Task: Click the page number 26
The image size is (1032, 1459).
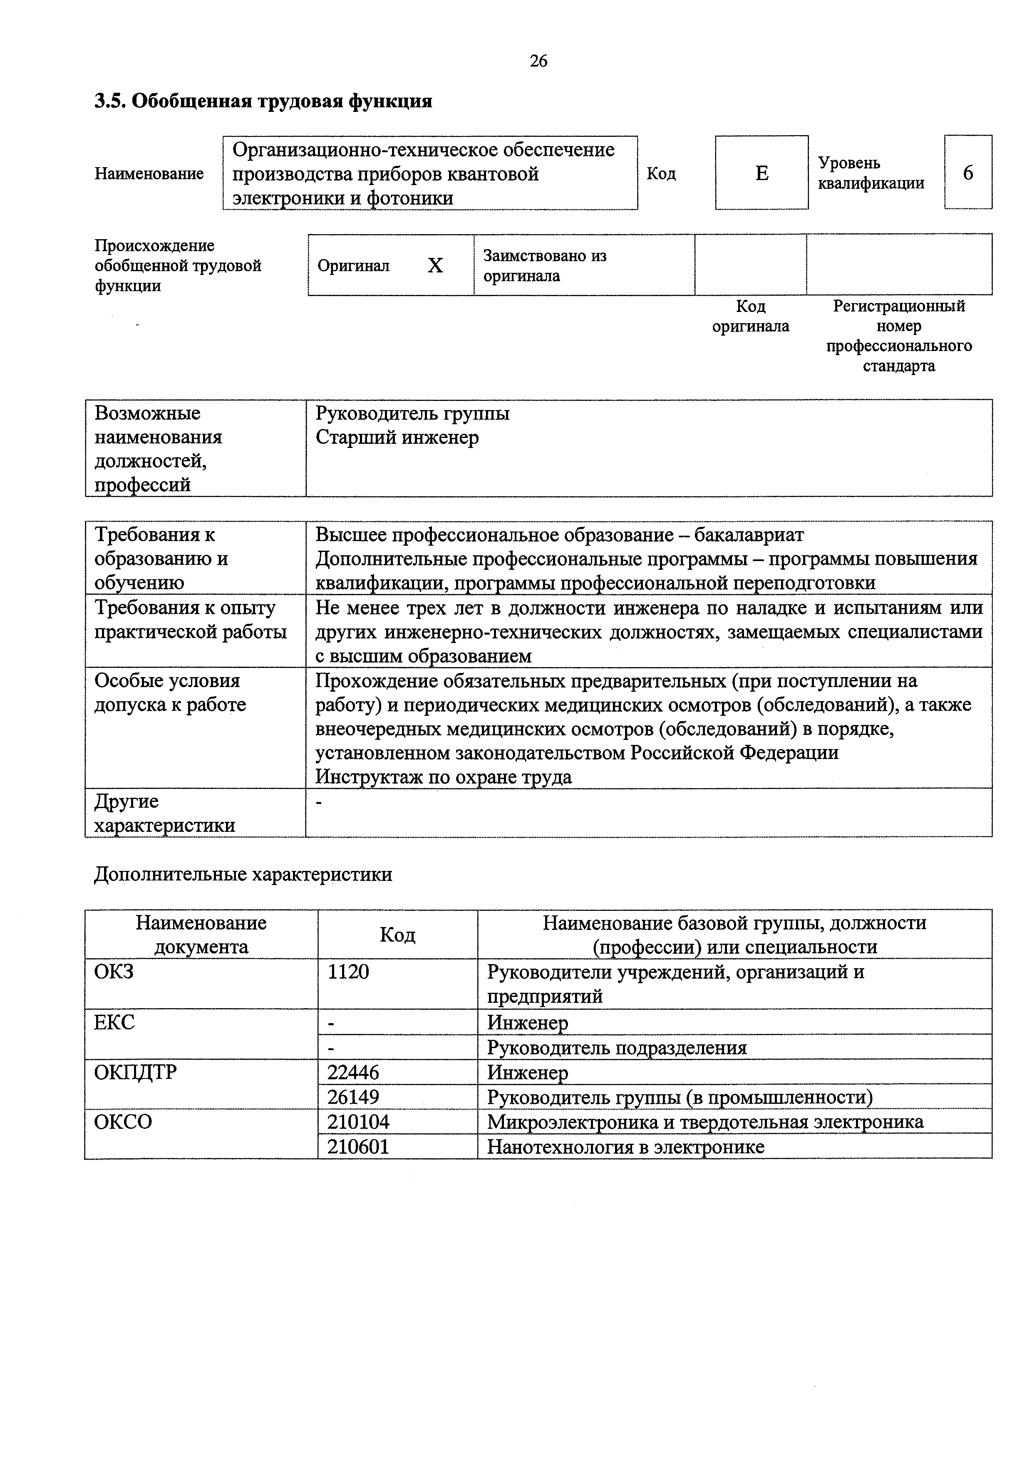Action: [538, 61]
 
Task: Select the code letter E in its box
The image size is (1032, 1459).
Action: [762, 173]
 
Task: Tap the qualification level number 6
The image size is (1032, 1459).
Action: [968, 173]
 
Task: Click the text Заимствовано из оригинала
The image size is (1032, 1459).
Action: [545, 266]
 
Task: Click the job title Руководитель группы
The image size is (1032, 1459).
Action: [412, 414]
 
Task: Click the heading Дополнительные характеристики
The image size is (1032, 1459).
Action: [243, 874]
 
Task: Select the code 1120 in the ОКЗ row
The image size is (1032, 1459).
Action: [348, 972]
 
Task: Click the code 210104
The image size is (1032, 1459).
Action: [358, 1122]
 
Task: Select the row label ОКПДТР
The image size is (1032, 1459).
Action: [135, 1072]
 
